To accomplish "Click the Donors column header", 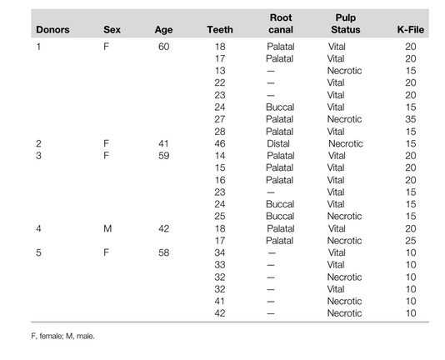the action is [52, 30].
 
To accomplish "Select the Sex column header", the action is [112, 30].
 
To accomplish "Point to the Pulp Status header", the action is [346, 23].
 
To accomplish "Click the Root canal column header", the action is [281, 23].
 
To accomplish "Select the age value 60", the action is [163, 47].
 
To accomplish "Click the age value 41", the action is [163, 143].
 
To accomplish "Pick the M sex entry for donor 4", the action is [107, 228].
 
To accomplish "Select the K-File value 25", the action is [410, 240].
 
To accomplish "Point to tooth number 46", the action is [222, 143].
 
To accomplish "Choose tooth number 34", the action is [222, 252].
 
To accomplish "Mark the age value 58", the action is [163, 252].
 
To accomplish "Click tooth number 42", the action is [222, 312].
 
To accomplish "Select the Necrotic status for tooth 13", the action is [345, 71].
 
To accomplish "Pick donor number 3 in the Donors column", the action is [38, 156].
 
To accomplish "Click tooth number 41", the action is [222, 301].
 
